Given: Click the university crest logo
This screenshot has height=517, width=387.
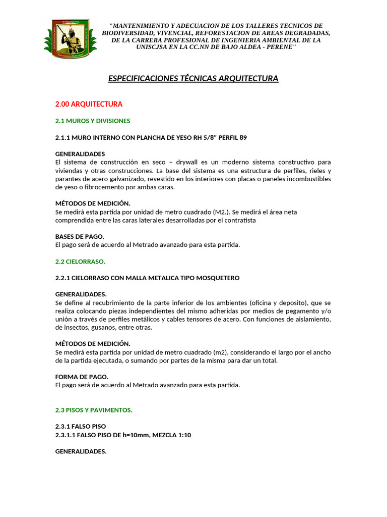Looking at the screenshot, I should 67,38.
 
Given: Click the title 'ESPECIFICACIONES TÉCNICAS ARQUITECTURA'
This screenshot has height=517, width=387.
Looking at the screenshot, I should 193,78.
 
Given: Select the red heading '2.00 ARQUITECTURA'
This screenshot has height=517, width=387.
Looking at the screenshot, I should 89,104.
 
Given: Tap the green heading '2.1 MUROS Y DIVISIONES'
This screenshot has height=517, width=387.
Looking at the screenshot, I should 93,121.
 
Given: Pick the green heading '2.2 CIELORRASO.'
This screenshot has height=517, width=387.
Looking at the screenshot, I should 80,262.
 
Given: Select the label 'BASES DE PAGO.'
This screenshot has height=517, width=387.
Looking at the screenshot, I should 80,236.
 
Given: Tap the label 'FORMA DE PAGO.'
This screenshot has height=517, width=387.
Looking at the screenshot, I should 82,377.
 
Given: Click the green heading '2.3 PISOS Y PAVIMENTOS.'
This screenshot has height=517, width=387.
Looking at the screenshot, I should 94,410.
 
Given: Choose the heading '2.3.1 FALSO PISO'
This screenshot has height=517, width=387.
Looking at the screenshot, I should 80,426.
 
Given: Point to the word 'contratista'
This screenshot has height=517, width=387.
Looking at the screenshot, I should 239,220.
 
